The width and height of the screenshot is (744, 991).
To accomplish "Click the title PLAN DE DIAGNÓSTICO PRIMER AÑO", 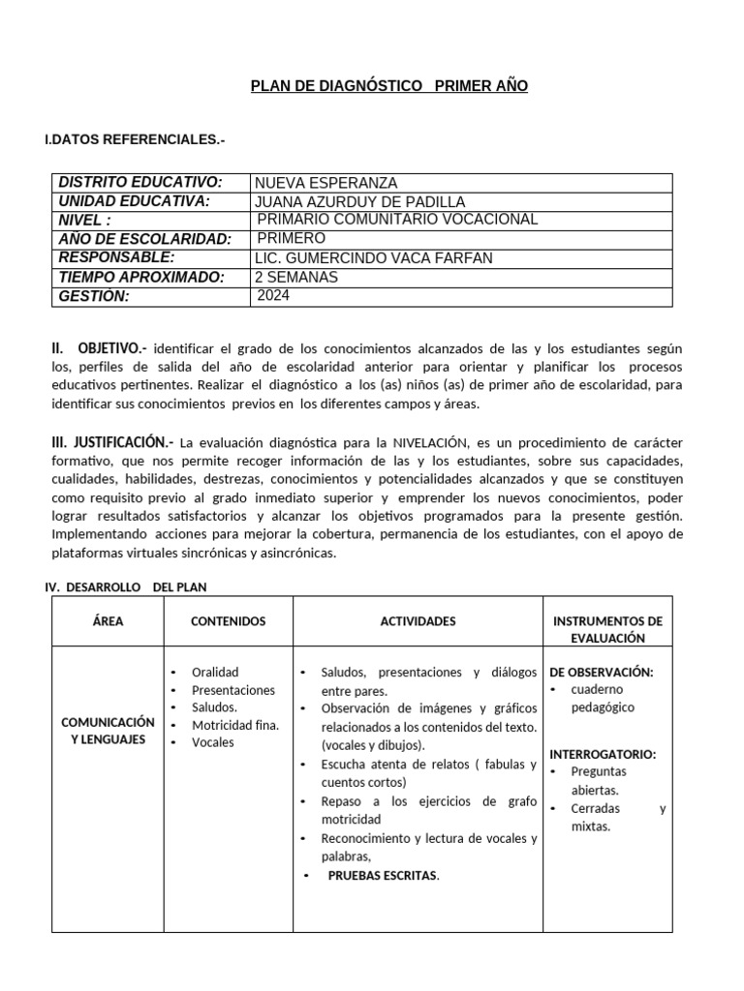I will [389, 87].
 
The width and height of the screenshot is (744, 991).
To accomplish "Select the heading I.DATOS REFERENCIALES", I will [135, 140].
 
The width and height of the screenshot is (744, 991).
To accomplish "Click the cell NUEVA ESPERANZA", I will [325, 183].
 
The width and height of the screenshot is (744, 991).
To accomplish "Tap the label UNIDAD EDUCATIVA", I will [135, 201].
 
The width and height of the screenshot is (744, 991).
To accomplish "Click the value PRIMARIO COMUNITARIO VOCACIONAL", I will [397, 220].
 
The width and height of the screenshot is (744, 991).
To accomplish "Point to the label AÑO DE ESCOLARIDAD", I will [144, 239].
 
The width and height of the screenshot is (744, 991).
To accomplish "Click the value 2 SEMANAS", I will [295, 277].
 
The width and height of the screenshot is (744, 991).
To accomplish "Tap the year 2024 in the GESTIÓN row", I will [273, 296].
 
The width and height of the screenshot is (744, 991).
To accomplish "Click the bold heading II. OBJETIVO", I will [99, 347].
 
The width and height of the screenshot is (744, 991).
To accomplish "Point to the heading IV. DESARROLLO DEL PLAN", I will [126, 586].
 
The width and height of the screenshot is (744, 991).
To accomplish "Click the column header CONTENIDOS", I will [228, 621].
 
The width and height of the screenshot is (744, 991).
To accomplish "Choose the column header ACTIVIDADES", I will [418, 621].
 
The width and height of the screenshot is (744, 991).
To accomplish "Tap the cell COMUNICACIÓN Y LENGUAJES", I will [108, 731].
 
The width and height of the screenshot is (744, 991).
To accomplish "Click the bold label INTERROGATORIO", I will [603, 754].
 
